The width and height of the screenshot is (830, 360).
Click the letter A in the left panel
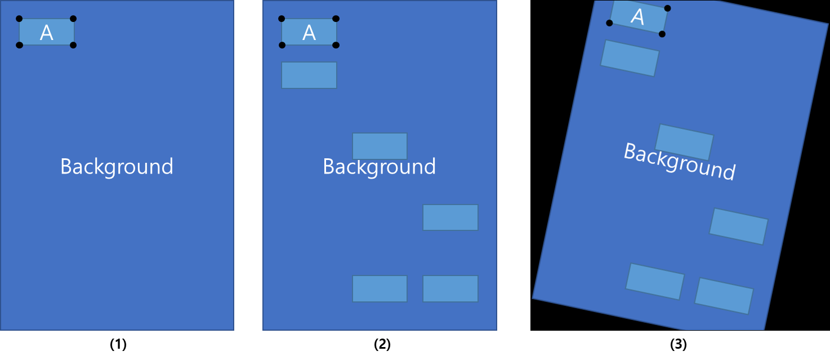pos(46,33)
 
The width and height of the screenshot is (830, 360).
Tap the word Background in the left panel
pos(117,167)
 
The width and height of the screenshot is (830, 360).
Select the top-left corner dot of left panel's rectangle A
pos(19,19)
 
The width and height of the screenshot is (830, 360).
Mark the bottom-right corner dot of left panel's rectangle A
pos(73,45)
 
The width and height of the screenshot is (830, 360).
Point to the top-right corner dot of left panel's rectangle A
pos(73,19)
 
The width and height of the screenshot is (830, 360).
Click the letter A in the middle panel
pos(309,33)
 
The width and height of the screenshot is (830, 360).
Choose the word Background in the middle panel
pos(379,167)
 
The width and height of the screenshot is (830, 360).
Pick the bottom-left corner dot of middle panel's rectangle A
pos(282,45)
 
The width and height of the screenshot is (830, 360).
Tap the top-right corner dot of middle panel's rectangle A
pos(336,19)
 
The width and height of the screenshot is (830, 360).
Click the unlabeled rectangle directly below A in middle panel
pos(309,75)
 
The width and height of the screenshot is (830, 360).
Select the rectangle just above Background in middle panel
pos(380,146)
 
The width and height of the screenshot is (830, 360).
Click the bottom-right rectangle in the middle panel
pos(450,288)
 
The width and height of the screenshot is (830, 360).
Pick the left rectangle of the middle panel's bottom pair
pos(380,288)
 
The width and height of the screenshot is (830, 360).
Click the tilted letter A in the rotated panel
pos(637,16)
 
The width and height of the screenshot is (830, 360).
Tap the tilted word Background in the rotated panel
pos(679,161)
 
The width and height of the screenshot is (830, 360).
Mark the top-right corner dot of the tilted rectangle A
pos(667,8)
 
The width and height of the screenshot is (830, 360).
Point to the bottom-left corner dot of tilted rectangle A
pos(609,23)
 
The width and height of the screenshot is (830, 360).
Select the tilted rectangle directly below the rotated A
pos(630,58)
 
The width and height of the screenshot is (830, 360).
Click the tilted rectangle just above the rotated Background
pos(684,142)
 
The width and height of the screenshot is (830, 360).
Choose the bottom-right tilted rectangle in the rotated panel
pos(724,296)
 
